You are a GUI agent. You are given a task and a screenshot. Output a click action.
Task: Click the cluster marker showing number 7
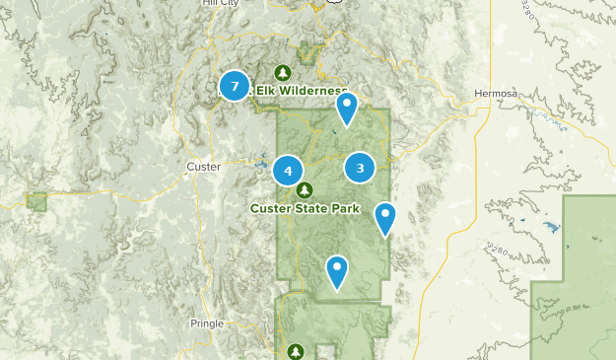(235, 86)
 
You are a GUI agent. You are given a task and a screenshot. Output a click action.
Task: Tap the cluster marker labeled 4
(288, 171)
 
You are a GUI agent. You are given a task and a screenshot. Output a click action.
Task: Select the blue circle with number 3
(360, 168)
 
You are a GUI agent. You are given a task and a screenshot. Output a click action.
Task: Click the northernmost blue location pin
(346, 108)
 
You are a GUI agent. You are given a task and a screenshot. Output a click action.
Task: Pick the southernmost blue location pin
(337, 272)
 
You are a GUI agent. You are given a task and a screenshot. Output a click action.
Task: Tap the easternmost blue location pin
(385, 219)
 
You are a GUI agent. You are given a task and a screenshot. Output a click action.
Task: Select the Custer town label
(203, 167)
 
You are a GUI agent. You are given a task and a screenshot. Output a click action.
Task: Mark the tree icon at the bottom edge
(297, 350)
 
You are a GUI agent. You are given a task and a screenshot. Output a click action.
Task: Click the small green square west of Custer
(37, 201)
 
